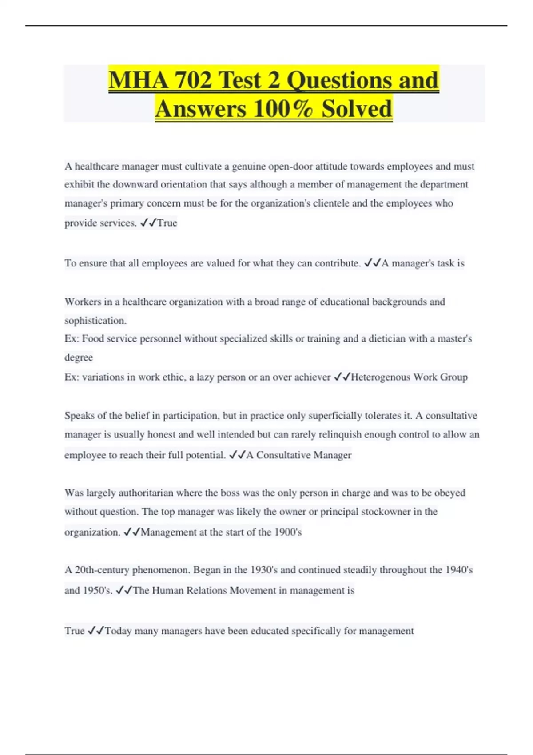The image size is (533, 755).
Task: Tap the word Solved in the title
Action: click(x=357, y=109)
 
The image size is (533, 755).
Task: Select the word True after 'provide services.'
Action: click(x=167, y=223)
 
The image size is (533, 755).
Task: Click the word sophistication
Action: click(x=95, y=321)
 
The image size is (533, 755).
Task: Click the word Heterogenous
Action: click(x=381, y=377)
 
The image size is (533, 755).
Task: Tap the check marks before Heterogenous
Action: click(x=342, y=377)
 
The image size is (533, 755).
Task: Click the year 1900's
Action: click(x=288, y=532)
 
